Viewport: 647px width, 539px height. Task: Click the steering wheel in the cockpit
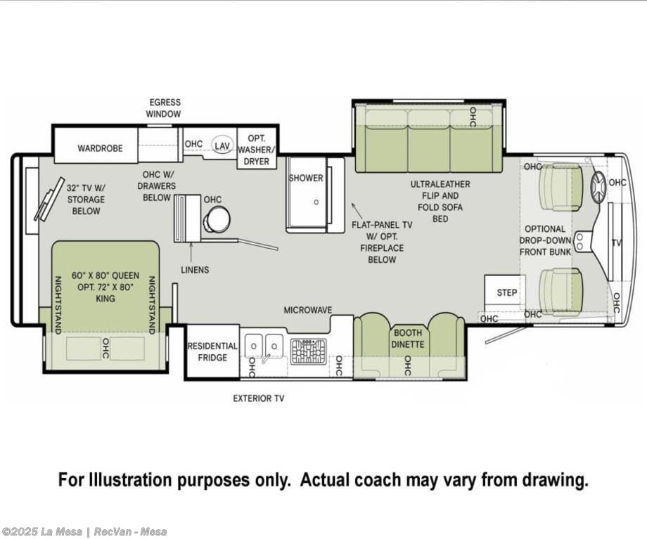(x=598, y=187)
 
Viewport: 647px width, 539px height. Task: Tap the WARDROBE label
(x=101, y=148)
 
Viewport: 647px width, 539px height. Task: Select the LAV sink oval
(x=222, y=145)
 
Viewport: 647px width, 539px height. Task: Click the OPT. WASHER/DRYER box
(x=256, y=150)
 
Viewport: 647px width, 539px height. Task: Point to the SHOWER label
(x=306, y=178)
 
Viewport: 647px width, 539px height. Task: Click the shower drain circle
(x=316, y=202)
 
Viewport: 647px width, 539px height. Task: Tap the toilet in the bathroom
(x=216, y=219)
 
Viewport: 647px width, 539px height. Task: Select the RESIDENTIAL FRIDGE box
(x=212, y=351)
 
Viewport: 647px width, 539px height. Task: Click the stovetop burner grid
(x=308, y=351)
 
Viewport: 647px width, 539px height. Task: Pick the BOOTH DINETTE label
(x=408, y=339)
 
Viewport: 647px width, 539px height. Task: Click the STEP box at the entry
(x=505, y=291)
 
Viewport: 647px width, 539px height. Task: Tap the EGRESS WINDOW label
(x=165, y=108)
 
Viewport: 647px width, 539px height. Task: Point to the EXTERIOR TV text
(x=259, y=398)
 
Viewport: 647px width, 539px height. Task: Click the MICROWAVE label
(x=308, y=310)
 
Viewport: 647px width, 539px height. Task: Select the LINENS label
(x=195, y=270)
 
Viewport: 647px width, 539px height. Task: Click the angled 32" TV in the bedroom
(x=49, y=200)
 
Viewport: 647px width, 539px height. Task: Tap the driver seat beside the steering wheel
(x=560, y=188)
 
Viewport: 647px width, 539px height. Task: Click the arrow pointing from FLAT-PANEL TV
(x=357, y=210)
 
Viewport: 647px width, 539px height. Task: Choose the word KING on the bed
(x=105, y=299)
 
